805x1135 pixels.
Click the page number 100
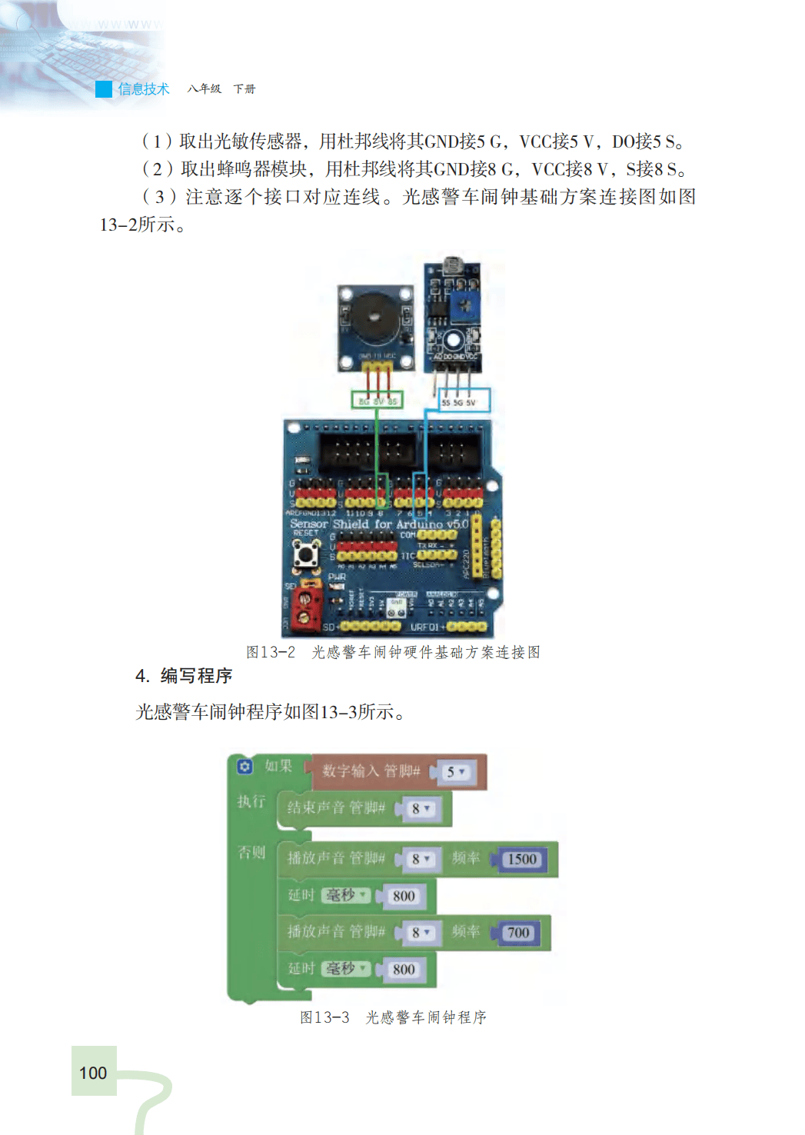tap(93, 1073)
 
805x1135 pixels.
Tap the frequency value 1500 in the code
tap(522, 859)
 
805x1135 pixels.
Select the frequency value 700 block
tap(518, 933)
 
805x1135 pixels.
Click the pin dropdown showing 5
tap(456, 772)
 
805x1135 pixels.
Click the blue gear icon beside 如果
tap(244, 767)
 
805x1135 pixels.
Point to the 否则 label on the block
tap(251, 852)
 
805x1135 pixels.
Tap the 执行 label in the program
tap(251, 801)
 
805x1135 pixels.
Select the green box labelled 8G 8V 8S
tap(377, 400)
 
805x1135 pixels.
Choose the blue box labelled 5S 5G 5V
tap(464, 401)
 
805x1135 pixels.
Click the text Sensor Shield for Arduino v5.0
tap(379, 524)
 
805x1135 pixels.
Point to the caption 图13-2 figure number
tap(270, 652)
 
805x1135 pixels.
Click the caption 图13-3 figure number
tap(324, 1017)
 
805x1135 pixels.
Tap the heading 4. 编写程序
tap(184, 676)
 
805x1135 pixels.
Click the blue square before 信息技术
tap(104, 89)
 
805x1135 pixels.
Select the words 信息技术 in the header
tap(144, 89)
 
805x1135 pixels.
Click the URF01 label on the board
tap(425, 627)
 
